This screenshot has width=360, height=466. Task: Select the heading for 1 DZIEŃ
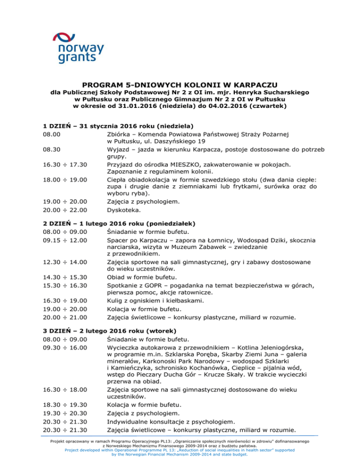coord(116,126)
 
